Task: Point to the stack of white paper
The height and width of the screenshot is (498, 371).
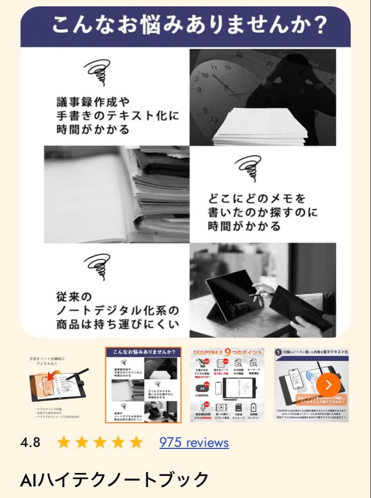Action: coord(261,127)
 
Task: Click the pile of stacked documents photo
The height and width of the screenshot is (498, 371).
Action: coord(138,194)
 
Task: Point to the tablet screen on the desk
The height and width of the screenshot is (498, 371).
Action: coord(233,293)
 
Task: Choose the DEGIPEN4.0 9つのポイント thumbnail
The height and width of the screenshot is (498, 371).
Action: coord(227,385)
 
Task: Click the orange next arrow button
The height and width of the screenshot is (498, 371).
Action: coord(328,385)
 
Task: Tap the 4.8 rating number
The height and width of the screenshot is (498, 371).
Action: coord(30,443)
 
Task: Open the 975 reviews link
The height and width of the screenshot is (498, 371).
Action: coord(194,443)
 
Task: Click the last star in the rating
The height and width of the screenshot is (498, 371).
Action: coord(136,443)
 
